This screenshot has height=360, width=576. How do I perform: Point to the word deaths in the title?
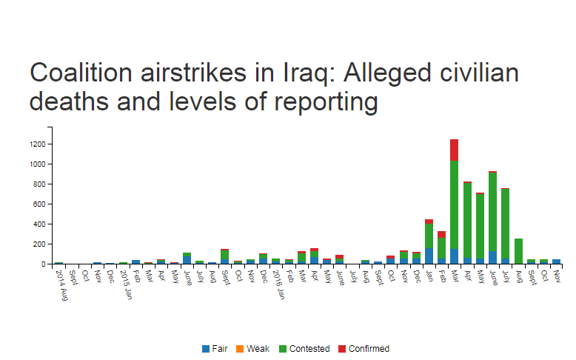point(72,102)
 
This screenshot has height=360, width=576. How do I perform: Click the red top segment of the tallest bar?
point(454,150)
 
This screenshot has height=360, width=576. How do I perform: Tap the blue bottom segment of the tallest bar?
point(454,256)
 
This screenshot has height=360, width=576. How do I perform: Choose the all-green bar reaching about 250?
point(518,251)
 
